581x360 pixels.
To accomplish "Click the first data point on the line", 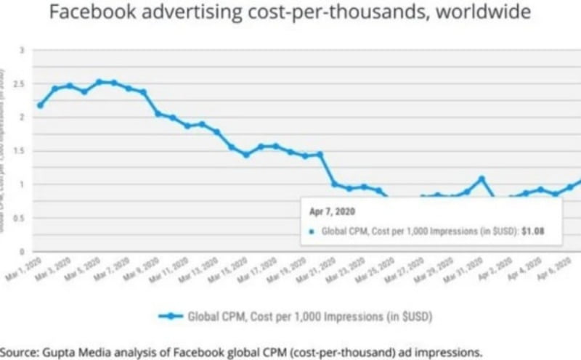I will [40, 105].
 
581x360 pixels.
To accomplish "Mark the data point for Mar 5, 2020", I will [99, 82].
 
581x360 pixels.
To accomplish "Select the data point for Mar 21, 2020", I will [334, 184].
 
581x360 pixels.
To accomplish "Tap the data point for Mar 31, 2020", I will [481, 179].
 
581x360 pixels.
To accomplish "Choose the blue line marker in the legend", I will [170, 316].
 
